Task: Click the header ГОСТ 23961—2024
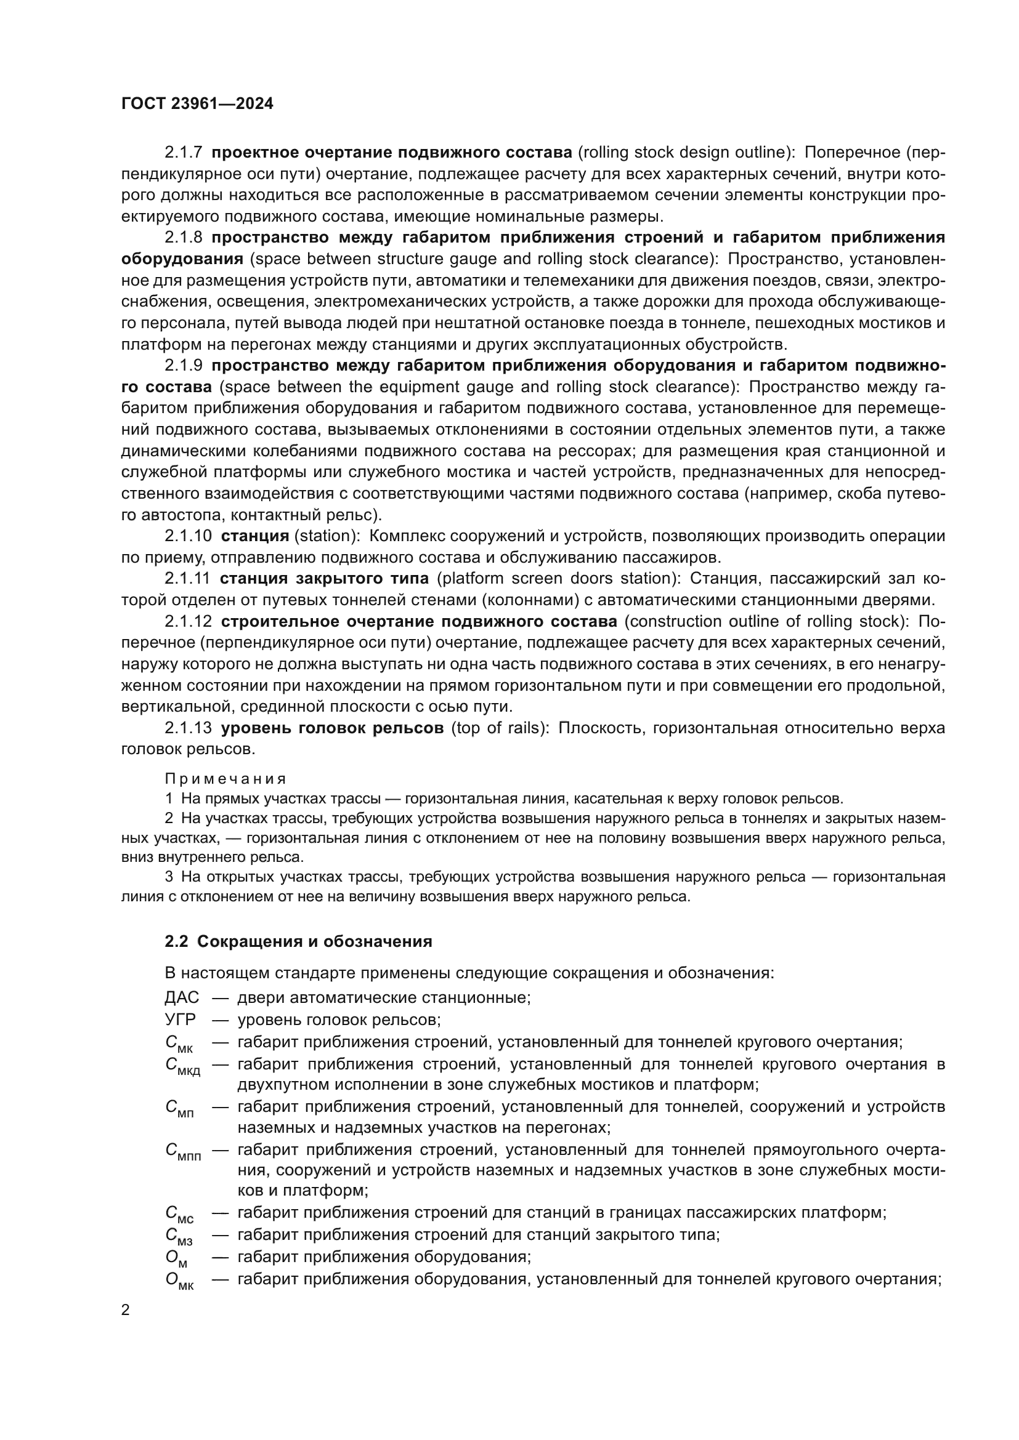[x=197, y=104]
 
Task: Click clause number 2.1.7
[x=183, y=153]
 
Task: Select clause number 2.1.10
[x=189, y=536]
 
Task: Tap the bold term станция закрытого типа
[x=325, y=578]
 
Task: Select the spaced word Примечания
[x=225, y=778]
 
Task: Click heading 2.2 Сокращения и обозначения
[x=298, y=941]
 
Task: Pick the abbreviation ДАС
[x=181, y=997]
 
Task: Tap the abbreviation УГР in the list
[x=180, y=1019]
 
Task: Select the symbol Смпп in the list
[x=183, y=1152]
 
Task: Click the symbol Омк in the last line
[x=179, y=1280]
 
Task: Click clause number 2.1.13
[x=189, y=728]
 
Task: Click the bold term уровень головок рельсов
[x=332, y=728]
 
